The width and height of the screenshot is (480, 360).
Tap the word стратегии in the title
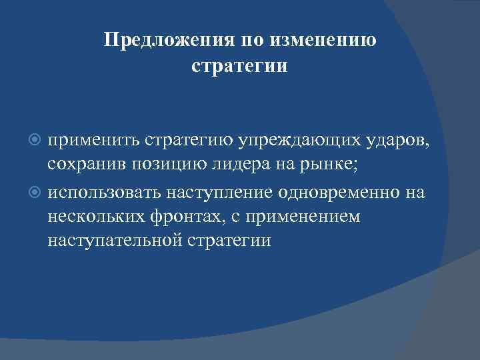pyautogui.click(x=239, y=67)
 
